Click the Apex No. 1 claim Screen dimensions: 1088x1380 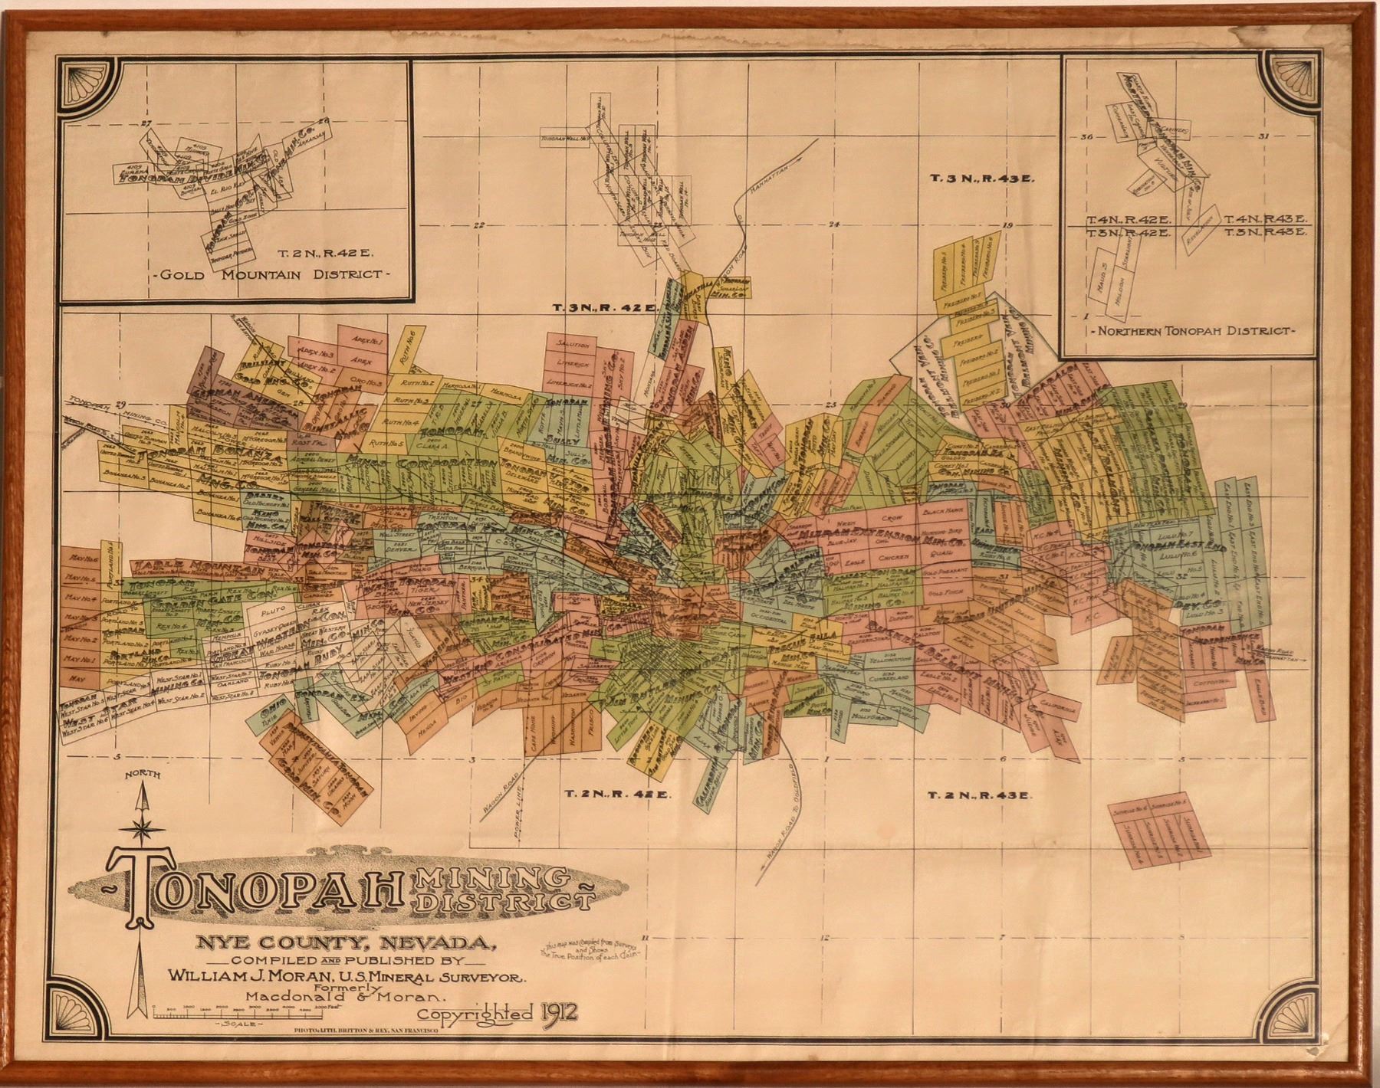tap(357, 340)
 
